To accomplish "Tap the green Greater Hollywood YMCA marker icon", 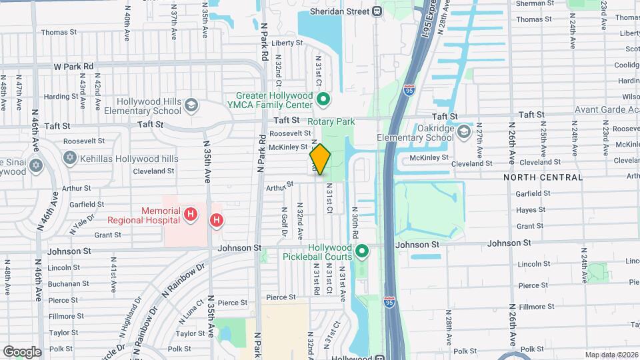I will coord(323,100).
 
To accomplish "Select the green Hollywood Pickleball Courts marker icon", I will coord(362,251).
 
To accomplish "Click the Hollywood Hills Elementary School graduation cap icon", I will coord(191,105).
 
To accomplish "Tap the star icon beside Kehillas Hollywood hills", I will coord(70,158).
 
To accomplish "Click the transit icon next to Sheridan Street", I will coord(378,11).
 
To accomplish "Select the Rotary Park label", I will coord(331,122).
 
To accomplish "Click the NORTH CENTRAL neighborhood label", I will coord(543,177).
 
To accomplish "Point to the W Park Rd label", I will coord(73,67).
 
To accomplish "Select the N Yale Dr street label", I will coord(79,225).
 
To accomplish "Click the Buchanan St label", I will coord(65,283).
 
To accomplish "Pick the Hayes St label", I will coord(531,210).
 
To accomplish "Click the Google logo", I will coord(21,352).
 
